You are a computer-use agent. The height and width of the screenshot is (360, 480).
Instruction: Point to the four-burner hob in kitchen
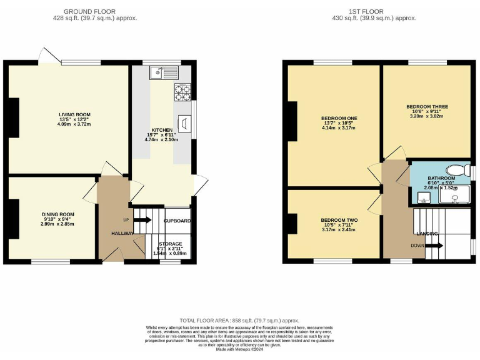(181, 92)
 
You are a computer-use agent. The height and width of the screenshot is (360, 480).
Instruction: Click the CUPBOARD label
(177, 221)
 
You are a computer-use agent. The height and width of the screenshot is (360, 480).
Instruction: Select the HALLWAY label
(123, 233)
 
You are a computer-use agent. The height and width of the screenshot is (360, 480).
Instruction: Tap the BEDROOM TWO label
(339, 220)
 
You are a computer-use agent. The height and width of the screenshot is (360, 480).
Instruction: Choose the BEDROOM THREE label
(426, 106)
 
